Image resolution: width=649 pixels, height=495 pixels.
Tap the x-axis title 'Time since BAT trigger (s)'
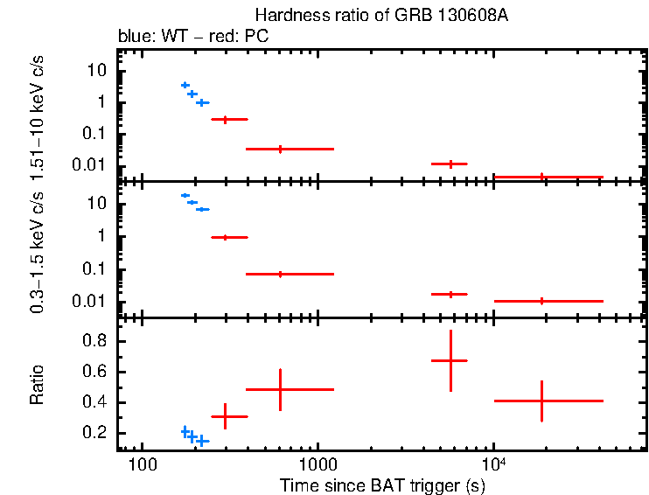[382, 485]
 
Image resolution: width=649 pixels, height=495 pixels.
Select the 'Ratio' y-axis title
[38, 386]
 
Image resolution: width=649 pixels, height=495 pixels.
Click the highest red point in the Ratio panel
[450, 360]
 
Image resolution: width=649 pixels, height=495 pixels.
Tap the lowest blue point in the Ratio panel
[202, 441]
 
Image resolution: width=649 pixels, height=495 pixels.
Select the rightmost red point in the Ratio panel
[542, 401]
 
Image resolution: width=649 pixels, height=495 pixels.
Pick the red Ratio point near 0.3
[226, 416]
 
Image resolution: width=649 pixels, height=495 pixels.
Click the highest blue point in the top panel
[185, 85]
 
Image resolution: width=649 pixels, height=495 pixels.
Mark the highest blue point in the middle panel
[185, 195]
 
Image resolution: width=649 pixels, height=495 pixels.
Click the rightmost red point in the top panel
[542, 177]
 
